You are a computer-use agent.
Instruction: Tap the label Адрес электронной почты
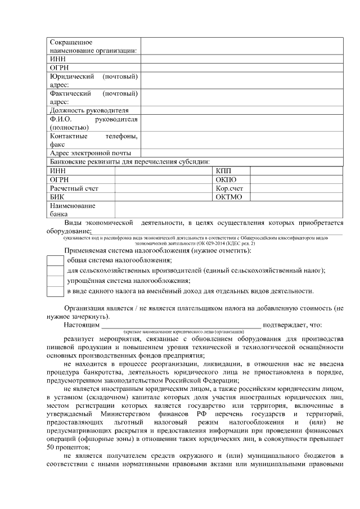click(90, 153)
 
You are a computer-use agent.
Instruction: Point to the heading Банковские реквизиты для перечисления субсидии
click(129, 162)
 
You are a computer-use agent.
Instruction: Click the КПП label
click(223, 171)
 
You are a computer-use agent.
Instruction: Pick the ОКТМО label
click(228, 197)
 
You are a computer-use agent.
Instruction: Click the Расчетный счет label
click(74, 188)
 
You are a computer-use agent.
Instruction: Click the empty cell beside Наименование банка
click(228, 210)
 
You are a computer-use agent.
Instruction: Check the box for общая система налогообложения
click(55, 260)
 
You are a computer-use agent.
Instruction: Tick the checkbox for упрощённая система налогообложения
click(55, 281)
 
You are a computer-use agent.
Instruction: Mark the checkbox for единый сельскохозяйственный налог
click(55, 271)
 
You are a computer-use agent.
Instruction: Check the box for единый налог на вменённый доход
click(55, 291)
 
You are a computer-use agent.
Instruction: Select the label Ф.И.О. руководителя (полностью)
click(93, 123)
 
